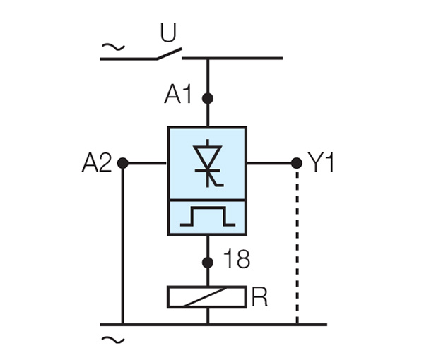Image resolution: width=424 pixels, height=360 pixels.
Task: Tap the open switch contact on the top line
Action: [167, 54]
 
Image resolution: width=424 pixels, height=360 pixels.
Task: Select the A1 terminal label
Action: [178, 95]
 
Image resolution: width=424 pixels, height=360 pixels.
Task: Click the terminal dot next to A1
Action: [207, 98]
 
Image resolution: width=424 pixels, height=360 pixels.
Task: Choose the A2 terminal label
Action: [97, 163]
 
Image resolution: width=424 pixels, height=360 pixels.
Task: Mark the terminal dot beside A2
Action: [122, 163]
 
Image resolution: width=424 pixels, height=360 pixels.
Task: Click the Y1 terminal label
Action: [322, 163]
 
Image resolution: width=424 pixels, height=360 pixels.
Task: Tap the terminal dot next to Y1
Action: [297, 163]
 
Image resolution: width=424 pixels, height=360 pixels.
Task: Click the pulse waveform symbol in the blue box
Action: [207, 217]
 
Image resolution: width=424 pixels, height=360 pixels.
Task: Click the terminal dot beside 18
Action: [207, 263]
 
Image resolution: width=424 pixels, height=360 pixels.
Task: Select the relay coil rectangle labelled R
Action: [207, 296]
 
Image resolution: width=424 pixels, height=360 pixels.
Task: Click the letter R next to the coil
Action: [260, 297]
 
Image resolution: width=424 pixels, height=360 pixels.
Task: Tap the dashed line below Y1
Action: [297, 247]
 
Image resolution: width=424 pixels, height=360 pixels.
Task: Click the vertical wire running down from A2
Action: [122, 247]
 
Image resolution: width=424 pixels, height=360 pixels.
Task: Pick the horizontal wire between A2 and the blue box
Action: [146, 163]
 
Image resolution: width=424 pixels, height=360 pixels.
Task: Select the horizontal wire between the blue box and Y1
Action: [271, 163]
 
